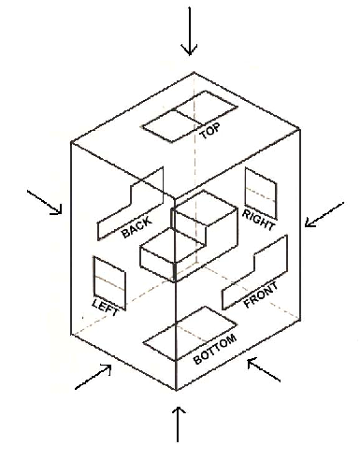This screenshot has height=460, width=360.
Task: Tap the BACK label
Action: [x=136, y=227]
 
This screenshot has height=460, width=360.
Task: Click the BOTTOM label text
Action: [x=216, y=349]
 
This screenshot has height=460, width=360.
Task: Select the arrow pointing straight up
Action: [x=179, y=423]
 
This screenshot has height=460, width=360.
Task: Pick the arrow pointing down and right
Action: [x=45, y=202]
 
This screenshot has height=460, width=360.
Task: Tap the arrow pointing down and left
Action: [x=324, y=216]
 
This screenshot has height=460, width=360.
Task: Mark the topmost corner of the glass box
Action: [x=194, y=73]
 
